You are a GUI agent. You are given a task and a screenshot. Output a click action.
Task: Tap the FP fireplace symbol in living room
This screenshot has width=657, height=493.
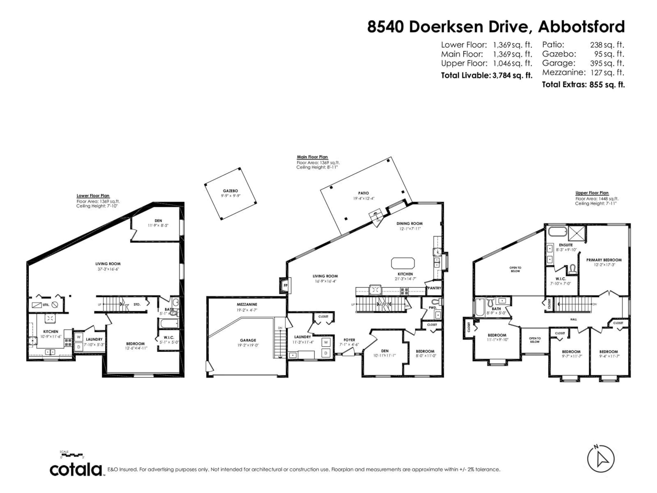285,286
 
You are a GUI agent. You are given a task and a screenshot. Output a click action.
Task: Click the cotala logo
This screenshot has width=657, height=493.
76,470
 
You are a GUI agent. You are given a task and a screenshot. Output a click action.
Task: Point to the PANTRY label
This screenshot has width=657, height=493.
434,288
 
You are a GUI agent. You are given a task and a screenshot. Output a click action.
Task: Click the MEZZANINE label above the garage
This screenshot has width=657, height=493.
247,305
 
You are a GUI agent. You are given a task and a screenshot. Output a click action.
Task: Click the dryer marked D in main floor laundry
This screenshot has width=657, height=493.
326,353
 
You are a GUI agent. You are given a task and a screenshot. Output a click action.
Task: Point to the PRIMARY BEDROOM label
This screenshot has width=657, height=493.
604,260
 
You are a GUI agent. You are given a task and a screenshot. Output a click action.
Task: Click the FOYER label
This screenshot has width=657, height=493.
349,340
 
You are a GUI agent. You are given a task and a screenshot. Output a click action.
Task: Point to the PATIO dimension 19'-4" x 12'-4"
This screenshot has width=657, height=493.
364,199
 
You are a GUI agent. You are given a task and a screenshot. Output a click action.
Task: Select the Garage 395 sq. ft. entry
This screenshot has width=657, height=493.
583,63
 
